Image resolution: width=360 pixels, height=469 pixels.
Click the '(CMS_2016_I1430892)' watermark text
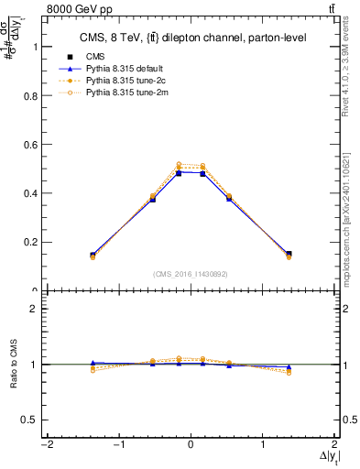point(190,274)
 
